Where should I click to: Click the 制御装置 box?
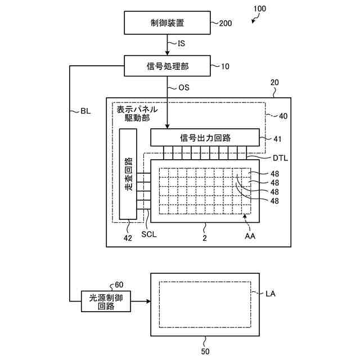click(x=167, y=24)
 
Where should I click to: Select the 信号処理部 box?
click(x=167, y=66)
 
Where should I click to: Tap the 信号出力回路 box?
click(x=205, y=137)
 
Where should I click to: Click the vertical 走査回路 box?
click(x=128, y=175)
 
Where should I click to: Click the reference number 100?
click(x=260, y=9)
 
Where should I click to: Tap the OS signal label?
click(x=184, y=87)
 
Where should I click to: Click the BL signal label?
click(x=85, y=111)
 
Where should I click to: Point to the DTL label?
click(x=279, y=158)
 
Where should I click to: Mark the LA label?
click(x=271, y=294)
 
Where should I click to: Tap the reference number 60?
click(x=119, y=285)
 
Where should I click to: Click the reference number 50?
click(x=205, y=352)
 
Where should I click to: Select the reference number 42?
click(x=128, y=238)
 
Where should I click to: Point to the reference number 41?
click(x=277, y=138)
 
